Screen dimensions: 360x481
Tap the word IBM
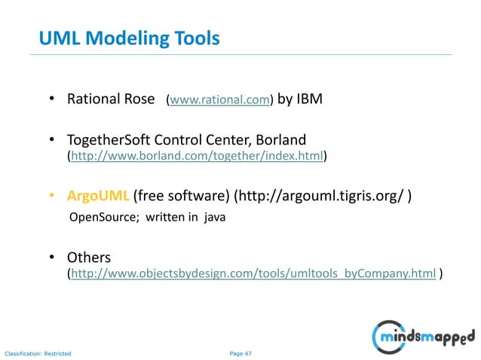click(308, 99)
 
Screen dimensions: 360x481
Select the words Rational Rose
click(111, 99)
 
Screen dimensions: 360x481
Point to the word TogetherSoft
click(106, 140)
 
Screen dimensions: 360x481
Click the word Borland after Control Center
click(280, 140)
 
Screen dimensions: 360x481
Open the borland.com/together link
click(197, 157)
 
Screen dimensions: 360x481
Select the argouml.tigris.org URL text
click(322, 197)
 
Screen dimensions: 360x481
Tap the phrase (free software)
click(180, 197)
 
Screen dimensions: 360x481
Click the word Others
click(89, 258)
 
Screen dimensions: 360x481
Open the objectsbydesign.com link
click(253, 275)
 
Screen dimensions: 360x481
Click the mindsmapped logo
click(425, 334)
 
